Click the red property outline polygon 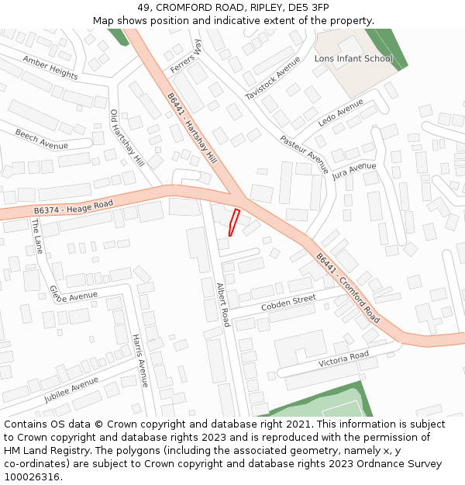click(232, 223)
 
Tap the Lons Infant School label click(353, 58)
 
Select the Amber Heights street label click(50, 68)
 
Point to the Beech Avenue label click(42, 139)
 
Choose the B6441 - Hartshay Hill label click(191, 129)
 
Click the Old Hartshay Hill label click(127, 138)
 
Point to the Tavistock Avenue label click(272, 78)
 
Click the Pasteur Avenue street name click(304, 151)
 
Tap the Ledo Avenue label click(340, 113)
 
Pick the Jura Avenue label click(353, 171)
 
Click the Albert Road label click(223, 304)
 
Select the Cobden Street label click(288, 302)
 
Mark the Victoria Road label click(343, 359)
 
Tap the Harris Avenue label click(140, 361)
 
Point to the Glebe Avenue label click(74, 294)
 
